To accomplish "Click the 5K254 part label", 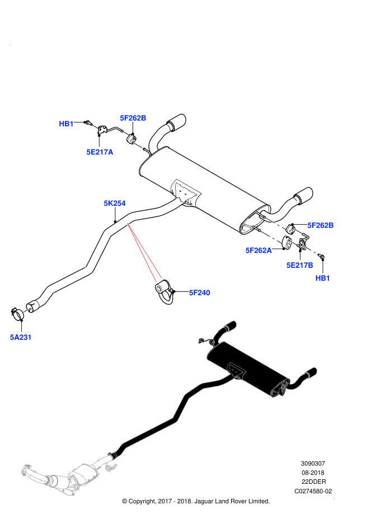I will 115,204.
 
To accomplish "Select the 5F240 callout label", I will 200,292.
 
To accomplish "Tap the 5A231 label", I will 21,337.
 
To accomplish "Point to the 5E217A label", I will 100,152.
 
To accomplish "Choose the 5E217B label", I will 300,265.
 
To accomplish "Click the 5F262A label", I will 258,251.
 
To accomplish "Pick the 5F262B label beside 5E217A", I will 133,118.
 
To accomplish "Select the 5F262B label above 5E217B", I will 321,225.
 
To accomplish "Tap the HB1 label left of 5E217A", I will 67,124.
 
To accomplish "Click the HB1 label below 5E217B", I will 323,278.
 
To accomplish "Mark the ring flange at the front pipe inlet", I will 26,470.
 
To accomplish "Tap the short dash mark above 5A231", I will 27,310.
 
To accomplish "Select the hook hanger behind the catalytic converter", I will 111,464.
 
